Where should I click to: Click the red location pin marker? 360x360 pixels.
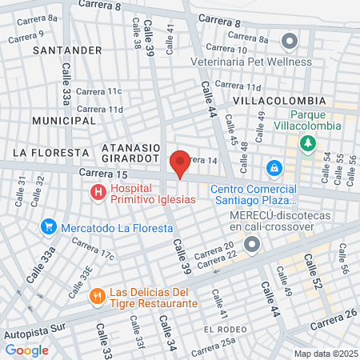click(180, 162)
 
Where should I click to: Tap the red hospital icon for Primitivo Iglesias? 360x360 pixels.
click(98, 192)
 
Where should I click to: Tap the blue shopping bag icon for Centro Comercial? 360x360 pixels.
click(274, 168)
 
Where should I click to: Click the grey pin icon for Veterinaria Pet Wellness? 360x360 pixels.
click(290, 40)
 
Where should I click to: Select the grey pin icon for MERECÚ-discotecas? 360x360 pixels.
click(253, 246)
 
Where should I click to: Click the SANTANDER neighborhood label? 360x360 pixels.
click(67, 50)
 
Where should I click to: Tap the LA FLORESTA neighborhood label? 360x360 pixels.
click(50, 152)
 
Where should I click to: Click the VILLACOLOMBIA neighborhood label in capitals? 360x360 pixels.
click(279, 101)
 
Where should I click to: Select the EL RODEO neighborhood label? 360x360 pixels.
click(223, 329)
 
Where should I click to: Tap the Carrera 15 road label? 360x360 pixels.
click(103, 173)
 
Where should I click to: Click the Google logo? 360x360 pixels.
click(26, 350)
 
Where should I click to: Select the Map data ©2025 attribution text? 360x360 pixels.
click(325, 354)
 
